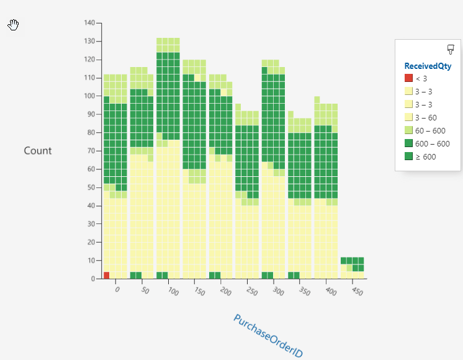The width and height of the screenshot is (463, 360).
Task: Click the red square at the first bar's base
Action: [107, 275]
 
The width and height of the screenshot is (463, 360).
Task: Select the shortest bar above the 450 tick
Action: [353, 268]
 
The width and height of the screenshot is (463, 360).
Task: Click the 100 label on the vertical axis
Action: [90, 96]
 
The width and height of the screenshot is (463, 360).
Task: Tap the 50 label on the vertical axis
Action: [92, 187]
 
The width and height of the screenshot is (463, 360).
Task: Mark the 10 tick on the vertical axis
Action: [92, 261]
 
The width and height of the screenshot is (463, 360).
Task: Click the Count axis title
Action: [38, 151]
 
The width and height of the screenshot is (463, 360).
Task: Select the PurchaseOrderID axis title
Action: [268, 335]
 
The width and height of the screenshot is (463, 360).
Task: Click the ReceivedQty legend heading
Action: [428, 66]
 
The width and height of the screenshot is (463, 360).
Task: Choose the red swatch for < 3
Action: [408, 78]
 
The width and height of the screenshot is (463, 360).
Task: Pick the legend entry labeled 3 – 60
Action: [426, 118]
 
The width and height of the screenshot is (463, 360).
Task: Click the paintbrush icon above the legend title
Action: [451, 50]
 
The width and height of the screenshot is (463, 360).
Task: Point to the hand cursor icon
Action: [14, 24]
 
